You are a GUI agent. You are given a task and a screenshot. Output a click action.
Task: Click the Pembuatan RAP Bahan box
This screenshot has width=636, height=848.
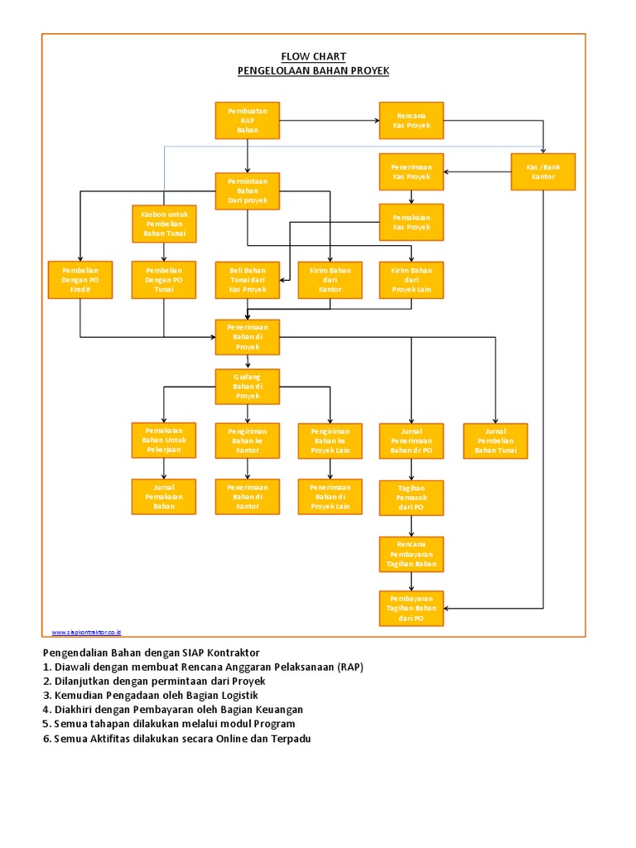(248, 120)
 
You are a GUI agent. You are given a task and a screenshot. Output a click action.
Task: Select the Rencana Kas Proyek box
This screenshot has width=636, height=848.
(412, 120)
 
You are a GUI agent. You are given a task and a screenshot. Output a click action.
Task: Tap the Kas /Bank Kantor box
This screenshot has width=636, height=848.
(543, 171)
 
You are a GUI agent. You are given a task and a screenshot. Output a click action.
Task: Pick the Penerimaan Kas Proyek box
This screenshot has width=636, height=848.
(412, 171)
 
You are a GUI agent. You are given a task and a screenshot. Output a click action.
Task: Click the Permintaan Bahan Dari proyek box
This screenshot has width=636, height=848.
(248, 190)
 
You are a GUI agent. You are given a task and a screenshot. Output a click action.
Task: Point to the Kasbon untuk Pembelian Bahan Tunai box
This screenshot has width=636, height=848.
(164, 223)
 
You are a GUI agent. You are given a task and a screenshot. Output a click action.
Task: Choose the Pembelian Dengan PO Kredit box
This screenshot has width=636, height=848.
(80, 280)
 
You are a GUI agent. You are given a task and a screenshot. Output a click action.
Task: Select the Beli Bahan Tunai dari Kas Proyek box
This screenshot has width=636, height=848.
(248, 280)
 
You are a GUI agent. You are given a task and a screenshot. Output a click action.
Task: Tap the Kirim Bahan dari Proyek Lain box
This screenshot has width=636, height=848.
(412, 280)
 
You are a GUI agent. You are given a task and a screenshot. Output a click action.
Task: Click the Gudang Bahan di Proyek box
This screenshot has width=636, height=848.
(248, 387)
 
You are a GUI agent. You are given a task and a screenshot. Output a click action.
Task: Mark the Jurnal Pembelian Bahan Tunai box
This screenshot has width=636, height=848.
(495, 441)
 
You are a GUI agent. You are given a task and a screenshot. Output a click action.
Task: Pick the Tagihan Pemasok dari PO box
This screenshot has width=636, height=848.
(412, 498)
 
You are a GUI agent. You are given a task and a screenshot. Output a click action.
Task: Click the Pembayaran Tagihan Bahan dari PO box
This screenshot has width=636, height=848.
(412, 609)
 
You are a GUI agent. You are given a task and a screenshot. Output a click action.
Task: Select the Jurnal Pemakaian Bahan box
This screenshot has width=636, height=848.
(164, 497)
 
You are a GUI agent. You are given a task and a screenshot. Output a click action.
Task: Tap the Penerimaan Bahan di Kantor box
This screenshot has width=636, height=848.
(248, 497)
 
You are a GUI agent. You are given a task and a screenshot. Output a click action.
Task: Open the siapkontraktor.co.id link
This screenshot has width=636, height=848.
(86, 632)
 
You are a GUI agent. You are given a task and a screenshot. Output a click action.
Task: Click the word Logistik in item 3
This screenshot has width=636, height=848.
(237, 695)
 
